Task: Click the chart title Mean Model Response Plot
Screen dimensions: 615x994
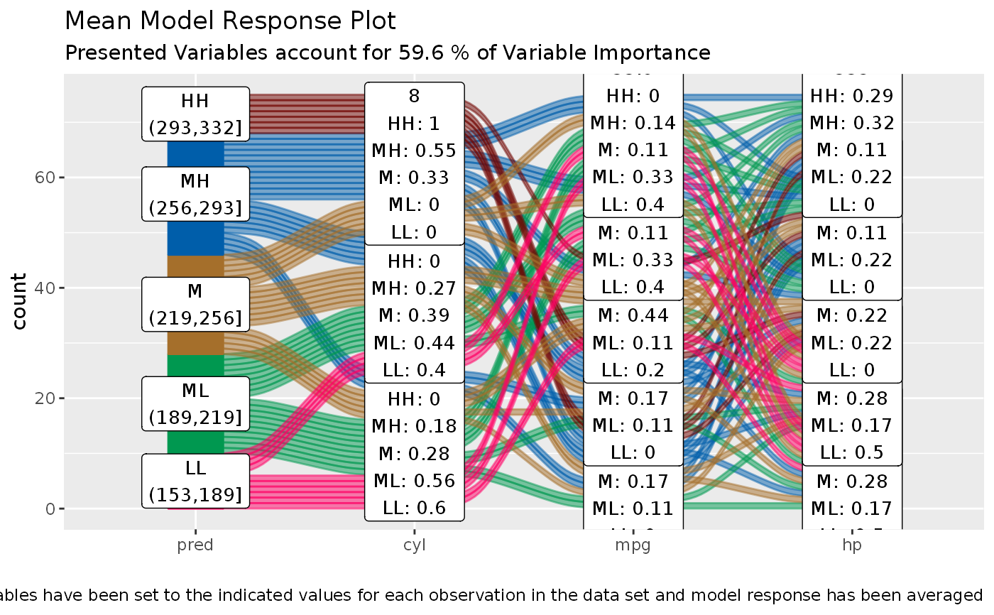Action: [230, 21]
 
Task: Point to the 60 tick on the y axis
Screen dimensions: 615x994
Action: [44, 178]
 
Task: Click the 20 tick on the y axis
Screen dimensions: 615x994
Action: [44, 398]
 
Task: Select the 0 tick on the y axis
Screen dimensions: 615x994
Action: [49, 509]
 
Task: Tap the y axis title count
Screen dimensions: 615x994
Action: [19, 301]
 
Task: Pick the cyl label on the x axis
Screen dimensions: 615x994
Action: [414, 545]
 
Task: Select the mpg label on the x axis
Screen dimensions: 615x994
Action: [633, 545]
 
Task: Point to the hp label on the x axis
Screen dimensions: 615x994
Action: [851, 545]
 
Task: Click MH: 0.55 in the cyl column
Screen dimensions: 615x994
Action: [415, 151]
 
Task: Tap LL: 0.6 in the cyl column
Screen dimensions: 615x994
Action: [415, 508]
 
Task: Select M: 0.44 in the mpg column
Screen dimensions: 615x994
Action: [633, 315]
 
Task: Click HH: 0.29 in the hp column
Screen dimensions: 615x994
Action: [852, 95]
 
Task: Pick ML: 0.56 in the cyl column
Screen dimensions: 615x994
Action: [415, 481]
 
